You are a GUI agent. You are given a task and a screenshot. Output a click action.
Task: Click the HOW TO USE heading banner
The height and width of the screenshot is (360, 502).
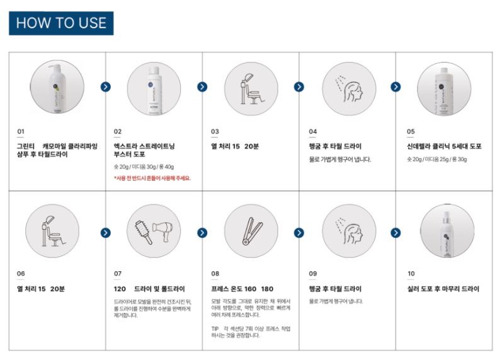pyautogui.click(x=61, y=23)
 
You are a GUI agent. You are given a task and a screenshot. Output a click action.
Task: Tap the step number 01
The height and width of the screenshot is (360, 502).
pyautogui.click(x=20, y=132)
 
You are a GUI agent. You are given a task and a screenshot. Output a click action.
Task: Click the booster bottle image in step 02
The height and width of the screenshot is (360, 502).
pyautogui.click(x=154, y=87)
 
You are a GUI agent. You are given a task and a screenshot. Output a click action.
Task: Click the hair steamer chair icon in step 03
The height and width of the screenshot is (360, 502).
pyautogui.click(x=250, y=87)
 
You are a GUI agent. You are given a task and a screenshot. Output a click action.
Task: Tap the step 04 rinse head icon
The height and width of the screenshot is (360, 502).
pyautogui.click(x=348, y=87)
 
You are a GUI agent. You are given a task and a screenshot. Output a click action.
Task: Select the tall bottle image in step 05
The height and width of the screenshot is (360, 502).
pyautogui.click(x=445, y=87)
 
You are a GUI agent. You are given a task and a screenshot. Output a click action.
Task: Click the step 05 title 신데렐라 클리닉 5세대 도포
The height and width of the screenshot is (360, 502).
pyautogui.click(x=444, y=147)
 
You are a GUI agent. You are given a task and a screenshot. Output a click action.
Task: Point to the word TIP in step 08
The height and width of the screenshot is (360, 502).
pyautogui.click(x=215, y=329)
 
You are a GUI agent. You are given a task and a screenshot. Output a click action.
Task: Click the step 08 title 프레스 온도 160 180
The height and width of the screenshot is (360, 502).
pyautogui.click(x=242, y=289)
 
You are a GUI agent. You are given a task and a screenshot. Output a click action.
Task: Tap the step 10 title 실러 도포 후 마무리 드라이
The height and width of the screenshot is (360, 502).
pyautogui.click(x=443, y=289)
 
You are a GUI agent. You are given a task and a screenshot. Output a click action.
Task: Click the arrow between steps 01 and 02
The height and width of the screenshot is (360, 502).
pyautogui.click(x=105, y=87)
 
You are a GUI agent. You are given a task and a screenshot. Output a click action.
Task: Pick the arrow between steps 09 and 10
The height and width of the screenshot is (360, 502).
pyautogui.click(x=396, y=233)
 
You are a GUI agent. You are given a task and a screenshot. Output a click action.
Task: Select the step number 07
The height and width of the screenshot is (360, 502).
pyautogui.click(x=117, y=274)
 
